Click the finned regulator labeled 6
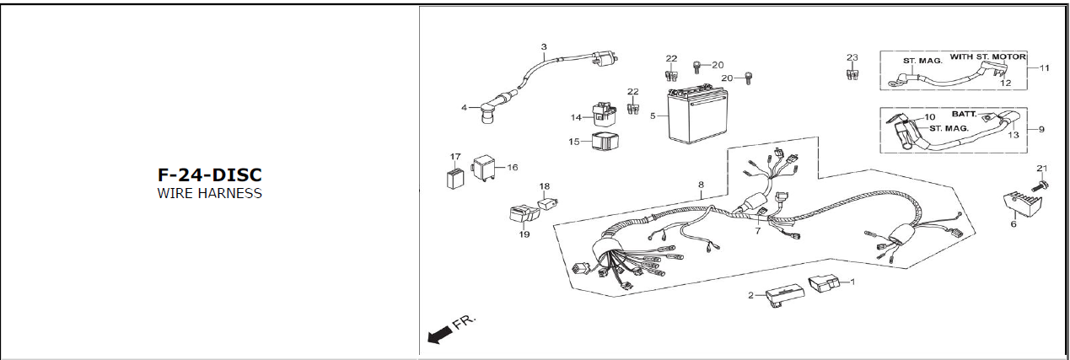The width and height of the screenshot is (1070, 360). coord(1022,207)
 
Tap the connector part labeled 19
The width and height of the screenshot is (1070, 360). coord(524,214)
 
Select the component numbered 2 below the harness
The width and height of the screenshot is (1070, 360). coord(785,297)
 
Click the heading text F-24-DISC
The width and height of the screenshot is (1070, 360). coord(210,175)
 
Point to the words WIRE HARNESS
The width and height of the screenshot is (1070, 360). coord(210,193)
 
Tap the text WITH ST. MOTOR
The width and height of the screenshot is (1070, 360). coord(988,56)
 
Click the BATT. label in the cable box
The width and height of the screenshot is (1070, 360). coord(965,114)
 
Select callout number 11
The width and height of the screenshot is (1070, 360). coord(1045,67)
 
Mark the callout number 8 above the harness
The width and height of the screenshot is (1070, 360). coord(701,185)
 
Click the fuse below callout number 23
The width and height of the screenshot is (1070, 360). coord(852,74)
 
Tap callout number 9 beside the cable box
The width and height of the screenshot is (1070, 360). coord(1042,129)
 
